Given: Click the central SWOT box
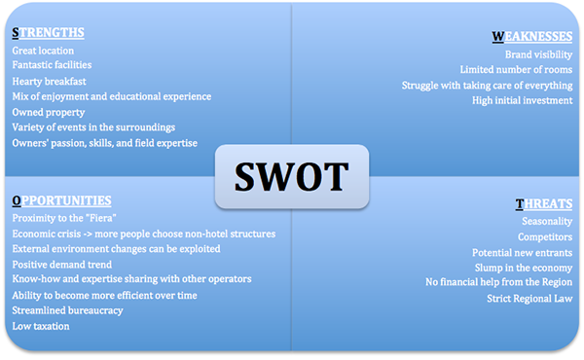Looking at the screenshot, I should pos(291,176).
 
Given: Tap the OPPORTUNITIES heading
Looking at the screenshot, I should pos(62,200).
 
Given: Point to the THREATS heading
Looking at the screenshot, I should pos(544,203).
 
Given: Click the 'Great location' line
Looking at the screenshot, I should pos(43,51).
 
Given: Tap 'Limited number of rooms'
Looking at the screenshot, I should pos(516,69).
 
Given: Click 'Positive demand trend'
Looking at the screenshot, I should pos(62,264).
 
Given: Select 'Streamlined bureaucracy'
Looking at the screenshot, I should pos(67,309).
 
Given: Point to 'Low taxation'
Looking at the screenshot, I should pos(41,325).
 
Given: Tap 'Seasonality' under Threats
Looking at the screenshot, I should pos(546,221).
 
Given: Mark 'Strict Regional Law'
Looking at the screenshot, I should pos(529,298).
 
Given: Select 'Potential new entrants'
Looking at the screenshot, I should pos(523,252).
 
